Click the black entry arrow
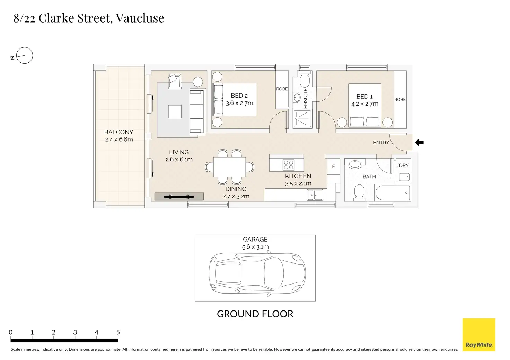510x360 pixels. point(419,143)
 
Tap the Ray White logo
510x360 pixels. point(479,334)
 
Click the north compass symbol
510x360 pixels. point(22,56)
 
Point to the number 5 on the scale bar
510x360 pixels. point(118,332)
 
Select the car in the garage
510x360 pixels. point(257,273)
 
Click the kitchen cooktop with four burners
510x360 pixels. point(289,165)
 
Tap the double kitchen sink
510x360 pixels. point(315,195)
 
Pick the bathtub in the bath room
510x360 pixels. point(393,193)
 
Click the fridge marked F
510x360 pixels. point(334,167)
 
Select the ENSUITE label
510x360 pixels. point(306,98)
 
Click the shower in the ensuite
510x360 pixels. point(302,119)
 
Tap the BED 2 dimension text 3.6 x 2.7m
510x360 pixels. point(239,103)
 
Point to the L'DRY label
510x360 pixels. point(402,165)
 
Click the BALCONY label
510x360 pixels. point(118,132)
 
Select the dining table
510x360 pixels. point(229,167)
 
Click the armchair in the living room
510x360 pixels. point(175,81)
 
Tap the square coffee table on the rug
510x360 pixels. point(175,111)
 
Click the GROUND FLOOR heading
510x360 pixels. point(255,314)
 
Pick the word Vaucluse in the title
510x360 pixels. point(140,18)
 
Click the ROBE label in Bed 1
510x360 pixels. point(400,100)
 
